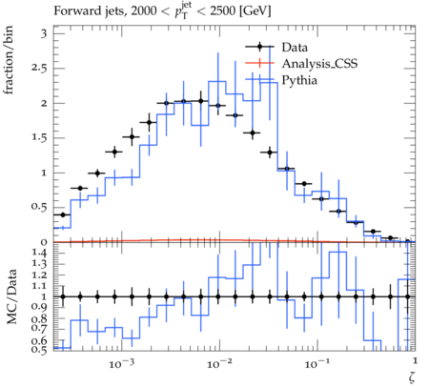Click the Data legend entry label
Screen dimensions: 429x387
[x=295, y=48]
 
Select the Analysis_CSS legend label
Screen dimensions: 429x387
[x=319, y=64]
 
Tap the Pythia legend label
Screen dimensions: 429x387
[x=299, y=80]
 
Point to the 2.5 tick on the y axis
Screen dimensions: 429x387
[x=39, y=69]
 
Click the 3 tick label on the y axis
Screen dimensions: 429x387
[x=44, y=33]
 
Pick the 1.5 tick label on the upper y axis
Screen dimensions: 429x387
[x=39, y=138]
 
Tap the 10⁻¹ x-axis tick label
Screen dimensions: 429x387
[x=316, y=363]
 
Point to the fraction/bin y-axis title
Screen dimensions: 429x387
[x=9, y=60]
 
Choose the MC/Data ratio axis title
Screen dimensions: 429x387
[x=11, y=296]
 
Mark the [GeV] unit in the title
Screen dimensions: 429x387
[x=255, y=11]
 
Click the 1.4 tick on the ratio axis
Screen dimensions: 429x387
[x=39, y=253]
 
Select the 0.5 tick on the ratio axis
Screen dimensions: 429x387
[x=39, y=350]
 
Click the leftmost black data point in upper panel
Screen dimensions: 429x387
[x=63, y=215]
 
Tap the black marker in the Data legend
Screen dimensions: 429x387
[x=259, y=48]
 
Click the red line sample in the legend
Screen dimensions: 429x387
[x=259, y=63]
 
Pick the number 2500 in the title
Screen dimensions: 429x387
[x=223, y=11]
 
